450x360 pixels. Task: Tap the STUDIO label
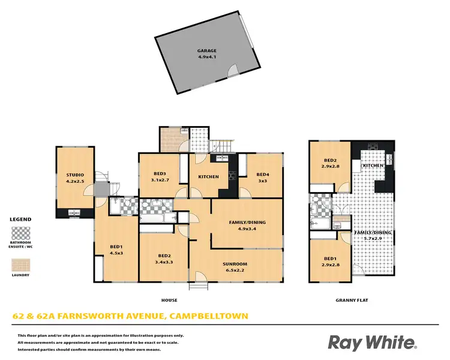pos(75,175)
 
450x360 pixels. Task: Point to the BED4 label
pos(263,174)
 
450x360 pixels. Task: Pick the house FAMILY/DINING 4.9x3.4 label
pos(247,222)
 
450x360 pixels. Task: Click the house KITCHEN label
pos(207,177)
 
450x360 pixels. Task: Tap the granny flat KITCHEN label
pos(373,165)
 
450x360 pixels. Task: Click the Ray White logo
pos(371,343)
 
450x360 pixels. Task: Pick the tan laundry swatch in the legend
pos(20,265)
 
